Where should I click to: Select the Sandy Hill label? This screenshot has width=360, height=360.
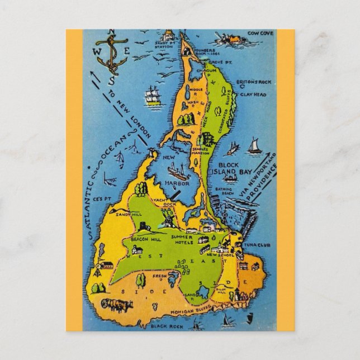tap(124, 213)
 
